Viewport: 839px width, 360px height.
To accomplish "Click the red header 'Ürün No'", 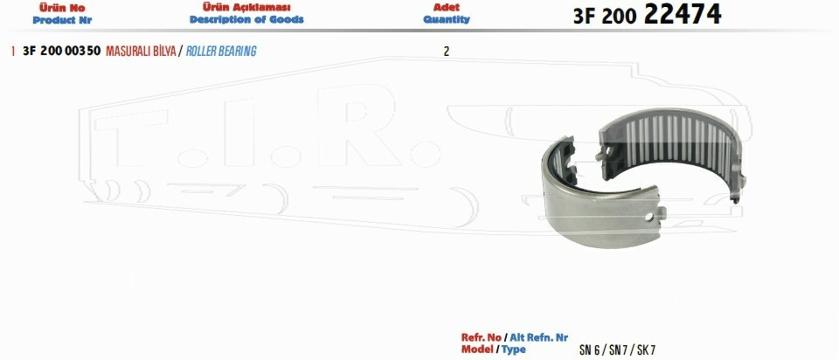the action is [x=62, y=8].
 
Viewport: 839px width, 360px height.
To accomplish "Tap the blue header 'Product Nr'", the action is [x=62, y=20].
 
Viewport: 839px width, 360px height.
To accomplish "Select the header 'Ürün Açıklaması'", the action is [x=246, y=8].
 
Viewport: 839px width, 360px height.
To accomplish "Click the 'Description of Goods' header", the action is [x=246, y=20].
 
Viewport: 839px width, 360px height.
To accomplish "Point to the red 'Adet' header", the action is [x=447, y=8].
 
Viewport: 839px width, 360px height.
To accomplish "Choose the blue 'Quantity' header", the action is [x=447, y=20].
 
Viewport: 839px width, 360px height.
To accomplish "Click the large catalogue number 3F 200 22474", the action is [x=647, y=15].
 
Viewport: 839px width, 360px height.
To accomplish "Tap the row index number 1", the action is [x=12, y=52].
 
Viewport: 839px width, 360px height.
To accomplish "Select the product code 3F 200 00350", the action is [x=61, y=52].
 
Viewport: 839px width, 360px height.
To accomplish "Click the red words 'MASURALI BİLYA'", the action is [x=142, y=52].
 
